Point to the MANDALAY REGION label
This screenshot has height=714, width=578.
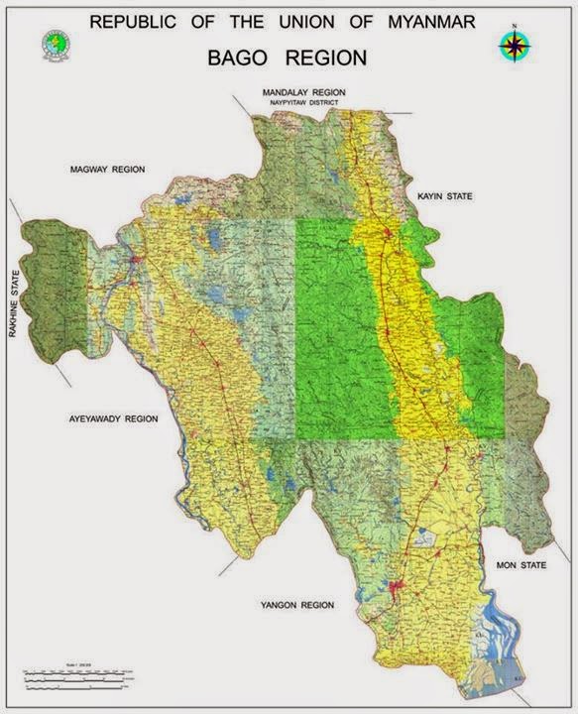303,92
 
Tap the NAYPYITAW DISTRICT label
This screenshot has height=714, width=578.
301,102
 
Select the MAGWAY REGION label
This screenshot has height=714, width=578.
107,170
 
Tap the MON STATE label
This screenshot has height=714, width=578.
520,564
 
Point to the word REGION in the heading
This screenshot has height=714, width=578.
324,59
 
